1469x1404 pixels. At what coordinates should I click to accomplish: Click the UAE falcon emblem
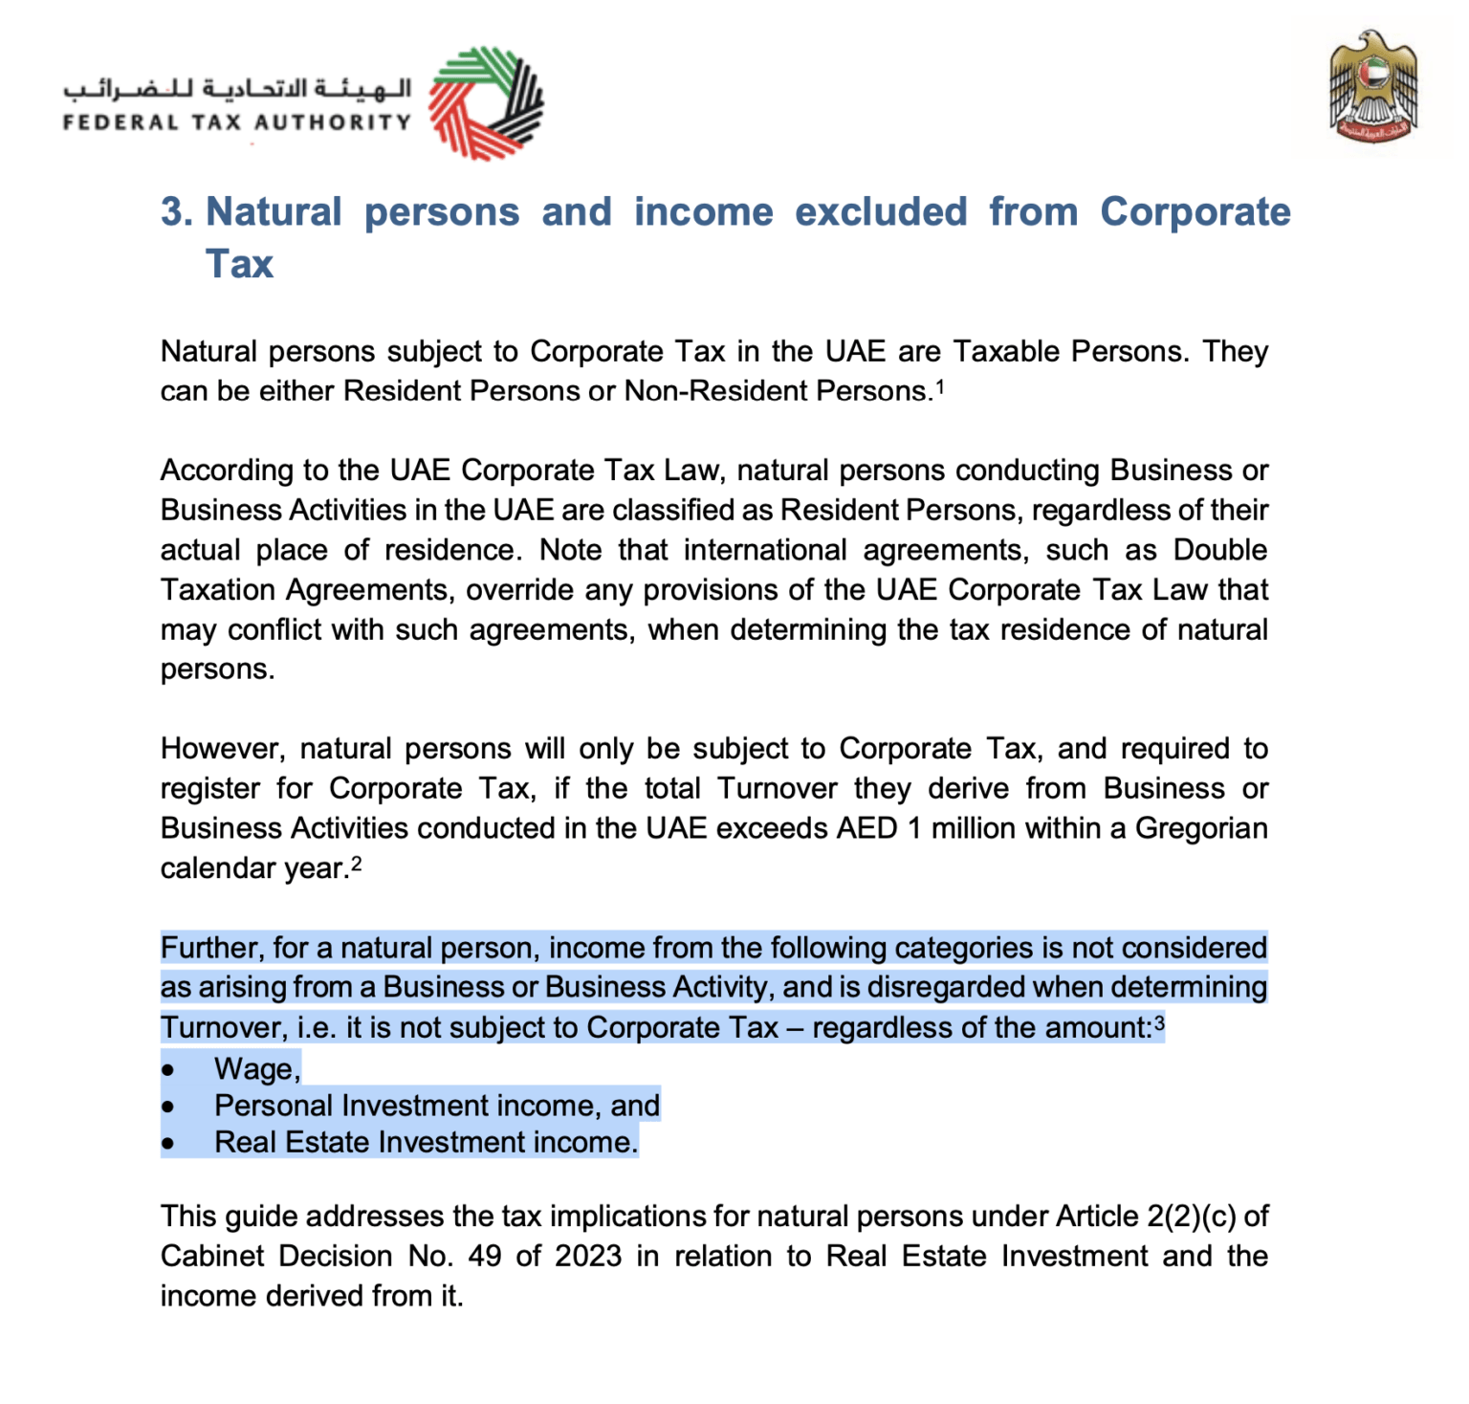coord(1373,87)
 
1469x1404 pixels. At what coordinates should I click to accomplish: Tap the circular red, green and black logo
coord(486,103)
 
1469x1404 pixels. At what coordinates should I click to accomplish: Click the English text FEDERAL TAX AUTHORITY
coord(236,122)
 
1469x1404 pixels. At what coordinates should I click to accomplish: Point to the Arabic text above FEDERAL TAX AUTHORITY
coord(237,88)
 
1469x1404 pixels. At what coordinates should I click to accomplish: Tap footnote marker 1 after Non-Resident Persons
coord(940,386)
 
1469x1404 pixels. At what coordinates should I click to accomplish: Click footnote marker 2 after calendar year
coord(356,864)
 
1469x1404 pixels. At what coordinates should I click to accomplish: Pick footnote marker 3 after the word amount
coord(1159,1023)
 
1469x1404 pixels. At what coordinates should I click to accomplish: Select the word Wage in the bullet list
coord(256,1068)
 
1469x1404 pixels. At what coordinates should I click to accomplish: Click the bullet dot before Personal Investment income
coord(168,1107)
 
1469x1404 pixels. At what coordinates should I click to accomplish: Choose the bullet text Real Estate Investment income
coord(426,1142)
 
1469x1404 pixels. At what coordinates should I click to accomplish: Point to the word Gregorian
coord(1200,827)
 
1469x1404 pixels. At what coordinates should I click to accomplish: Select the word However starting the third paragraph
coord(223,748)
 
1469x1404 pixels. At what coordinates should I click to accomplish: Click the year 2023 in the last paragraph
coord(588,1255)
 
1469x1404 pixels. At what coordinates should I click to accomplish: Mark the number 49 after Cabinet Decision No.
coord(484,1255)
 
